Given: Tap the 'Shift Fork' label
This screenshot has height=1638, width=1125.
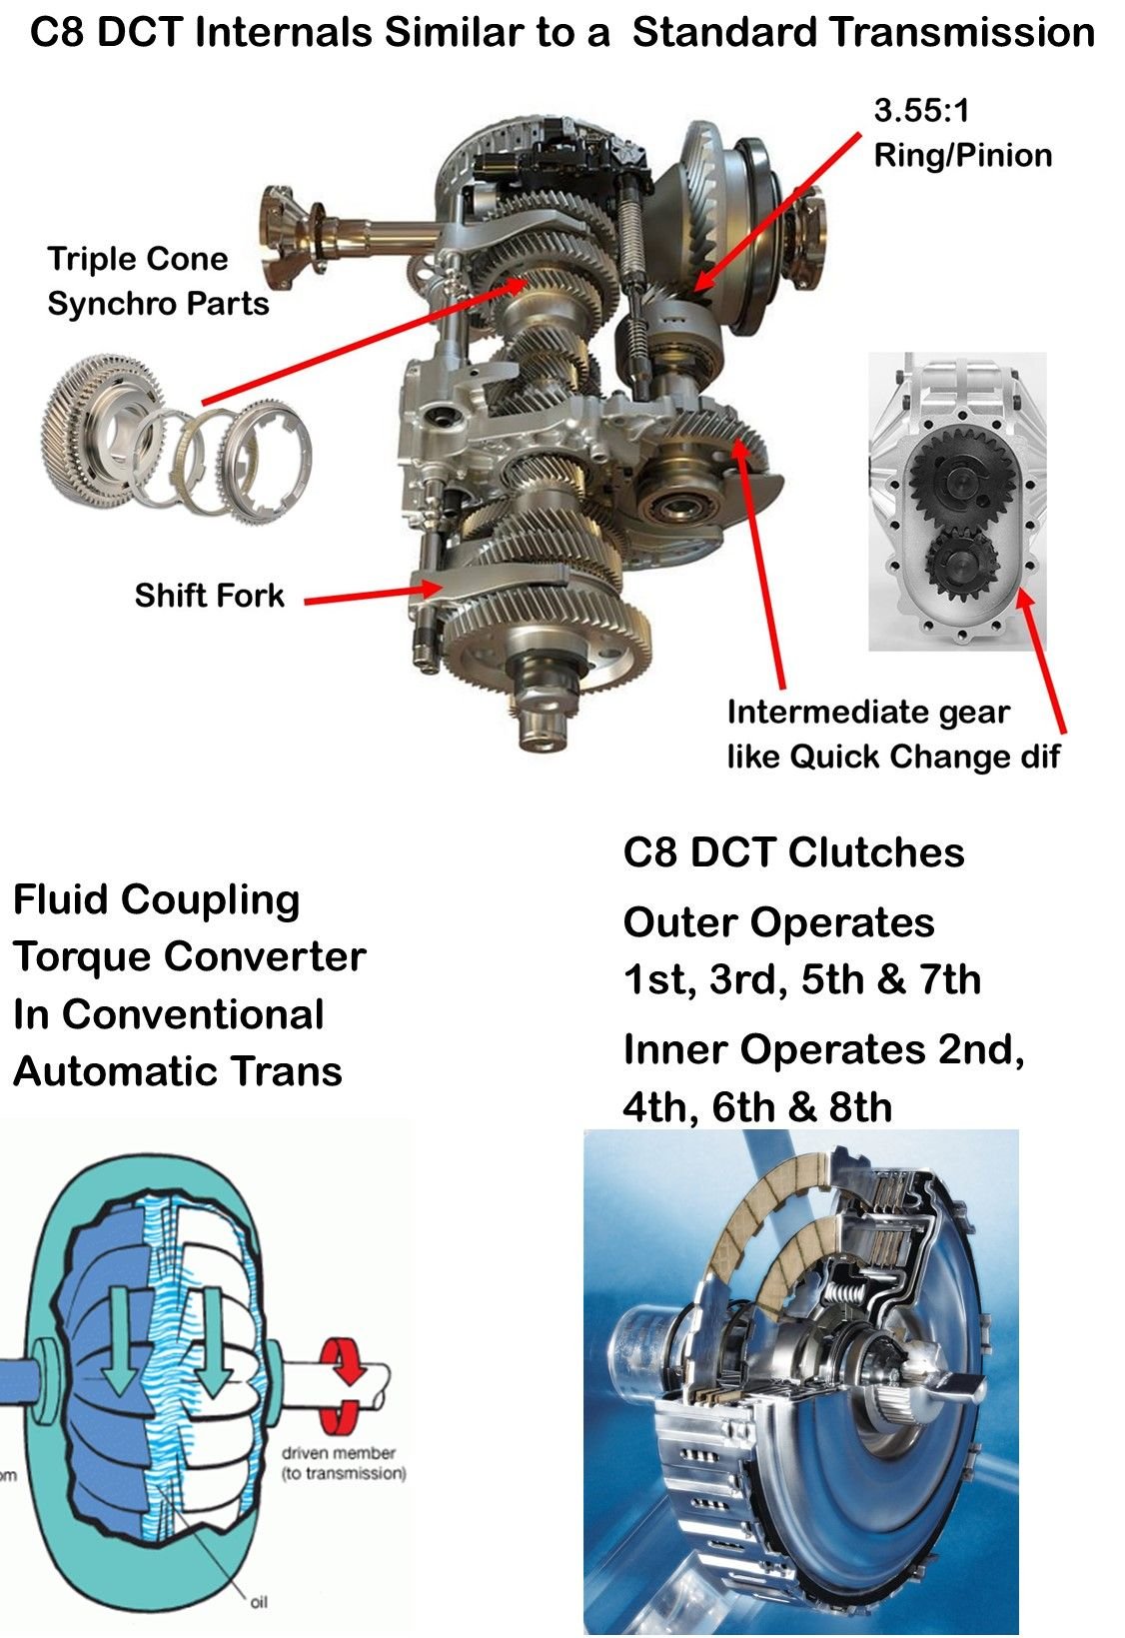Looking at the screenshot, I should pyautogui.click(x=210, y=597).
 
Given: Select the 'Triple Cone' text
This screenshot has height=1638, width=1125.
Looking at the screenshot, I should pyautogui.click(x=138, y=260).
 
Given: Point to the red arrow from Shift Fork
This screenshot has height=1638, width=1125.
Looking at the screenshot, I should pyautogui.click(x=370, y=596).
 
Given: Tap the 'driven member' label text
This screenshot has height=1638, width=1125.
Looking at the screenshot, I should pyautogui.click(x=339, y=1453).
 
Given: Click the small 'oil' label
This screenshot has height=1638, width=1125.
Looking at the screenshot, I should pyautogui.click(x=258, y=1601).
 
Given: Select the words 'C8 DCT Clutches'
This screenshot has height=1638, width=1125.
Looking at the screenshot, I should pyautogui.click(x=794, y=852).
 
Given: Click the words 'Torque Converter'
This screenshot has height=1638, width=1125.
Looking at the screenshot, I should pyautogui.click(x=190, y=957).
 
